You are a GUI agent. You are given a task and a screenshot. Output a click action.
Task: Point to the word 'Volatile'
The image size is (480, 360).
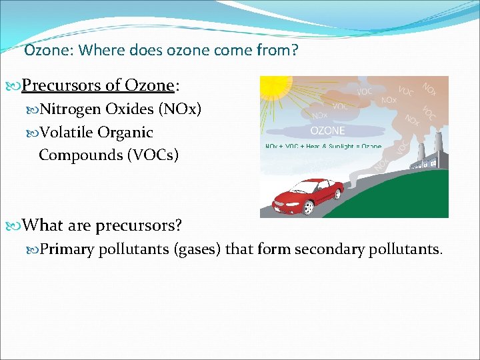[67, 132]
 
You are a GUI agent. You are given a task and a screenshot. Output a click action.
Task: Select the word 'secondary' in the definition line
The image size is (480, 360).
[325, 249]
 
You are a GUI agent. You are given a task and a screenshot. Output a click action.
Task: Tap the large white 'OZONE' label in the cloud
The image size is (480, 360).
[328, 131]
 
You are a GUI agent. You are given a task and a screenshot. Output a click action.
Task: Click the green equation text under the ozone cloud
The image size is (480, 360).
[323, 146]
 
